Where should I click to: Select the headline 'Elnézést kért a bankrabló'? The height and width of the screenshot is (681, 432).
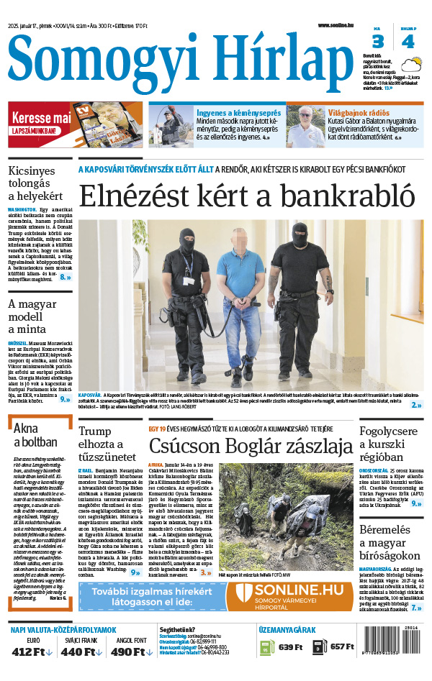pos(246,196)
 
